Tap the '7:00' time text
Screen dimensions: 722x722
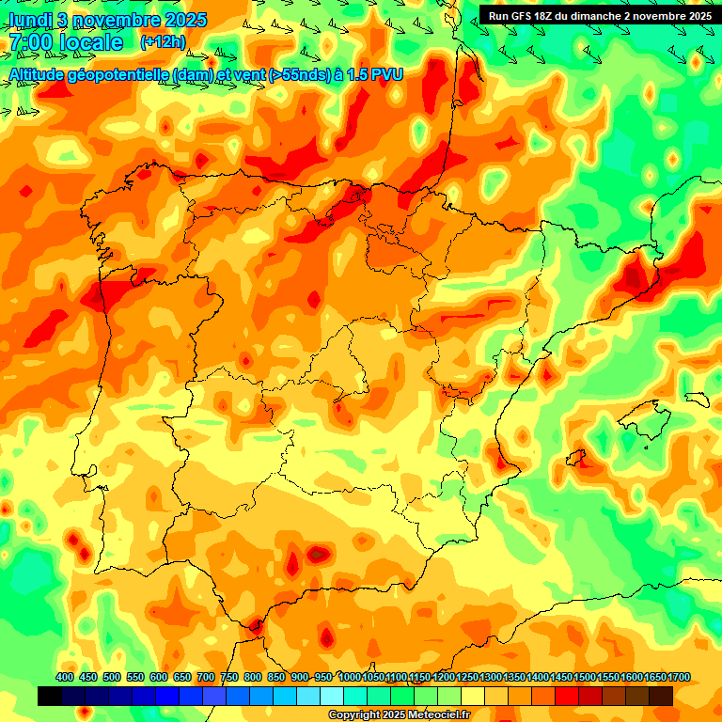coord(30,42)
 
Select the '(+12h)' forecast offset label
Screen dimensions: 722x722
coord(163,42)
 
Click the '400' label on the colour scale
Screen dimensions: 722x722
coord(65,678)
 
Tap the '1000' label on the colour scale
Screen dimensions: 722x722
coord(350,678)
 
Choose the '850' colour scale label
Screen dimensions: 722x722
coord(276,678)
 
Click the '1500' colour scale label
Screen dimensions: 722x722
coord(585,678)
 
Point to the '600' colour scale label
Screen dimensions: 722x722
coord(159,678)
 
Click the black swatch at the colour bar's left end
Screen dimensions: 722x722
coord(50,696)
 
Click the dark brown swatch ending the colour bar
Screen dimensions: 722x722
coord(661,696)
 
